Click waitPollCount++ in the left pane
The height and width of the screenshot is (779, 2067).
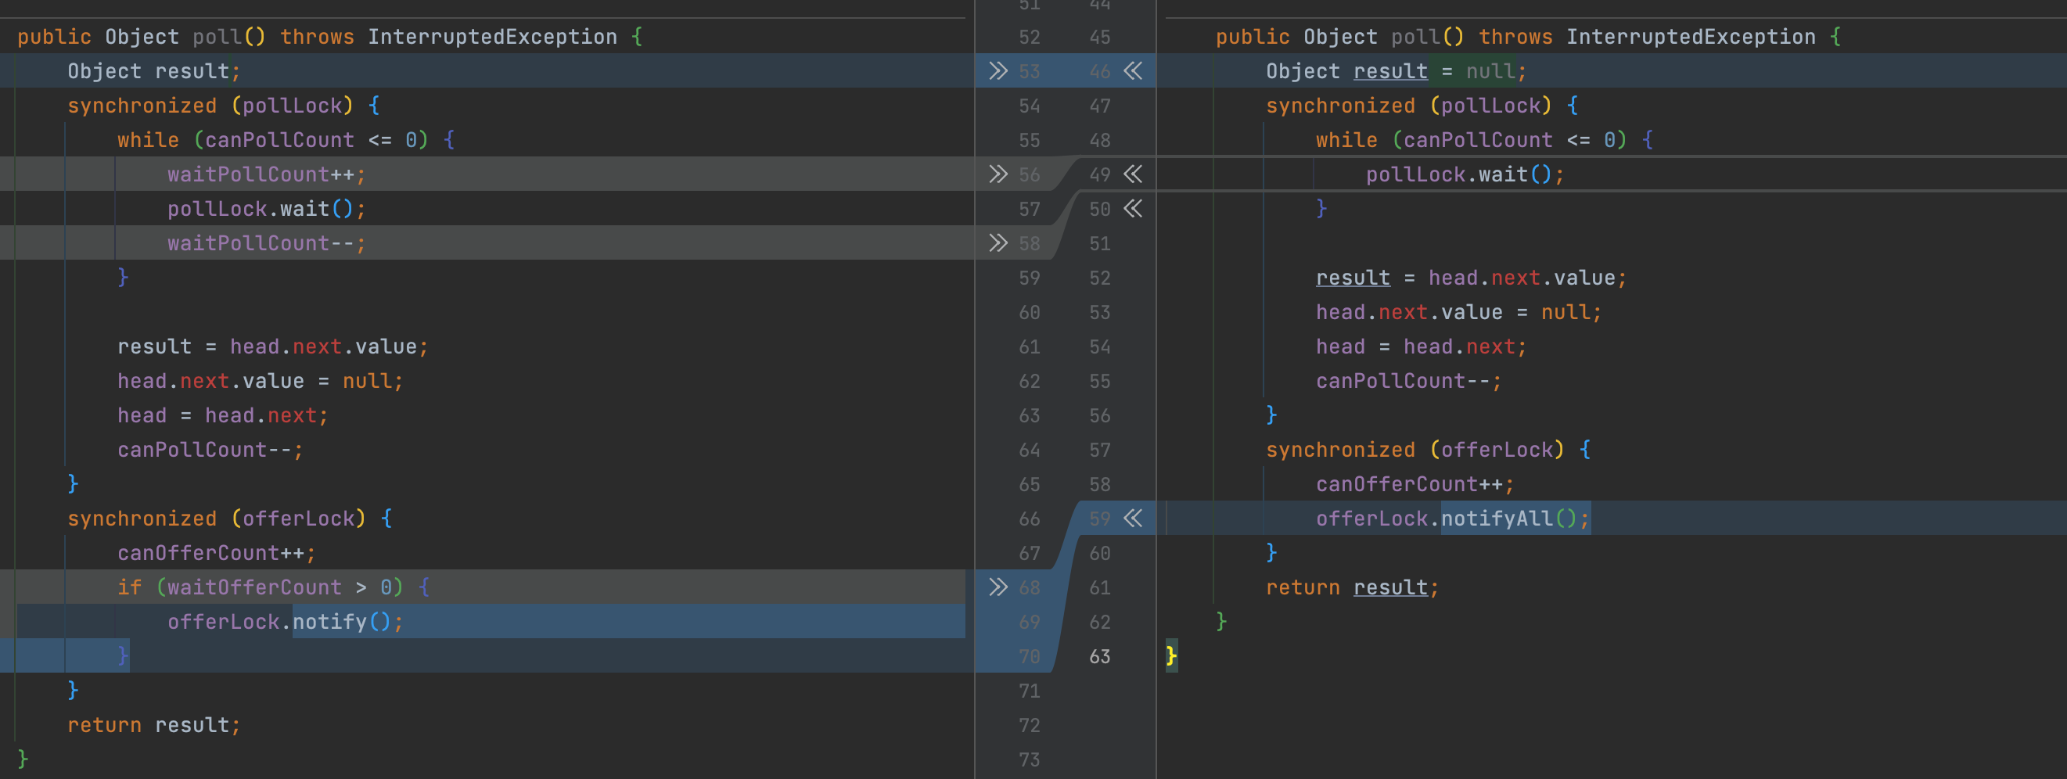click(x=260, y=174)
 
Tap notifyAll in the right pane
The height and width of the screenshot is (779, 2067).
click(x=1497, y=519)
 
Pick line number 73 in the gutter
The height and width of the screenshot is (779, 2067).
click(x=1029, y=759)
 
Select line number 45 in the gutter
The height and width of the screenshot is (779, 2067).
click(x=1099, y=37)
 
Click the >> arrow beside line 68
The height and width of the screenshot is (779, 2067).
click(x=998, y=587)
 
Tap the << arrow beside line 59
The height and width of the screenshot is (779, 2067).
click(x=1133, y=519)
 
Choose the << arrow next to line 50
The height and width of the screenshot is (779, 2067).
click(x=1133, y=209)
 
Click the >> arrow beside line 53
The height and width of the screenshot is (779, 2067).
click(x=998, y=71)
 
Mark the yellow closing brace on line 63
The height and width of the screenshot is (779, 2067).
click(x=1171, y=656)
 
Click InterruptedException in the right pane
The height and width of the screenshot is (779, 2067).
click(x=1691, y=37)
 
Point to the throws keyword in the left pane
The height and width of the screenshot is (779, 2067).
click(x=317, y=37)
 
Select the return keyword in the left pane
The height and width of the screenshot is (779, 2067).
click(x=104, y=725)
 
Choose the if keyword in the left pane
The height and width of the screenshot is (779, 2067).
click(x=129, y=587)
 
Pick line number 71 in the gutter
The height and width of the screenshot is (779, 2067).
click(x=1029, y=691)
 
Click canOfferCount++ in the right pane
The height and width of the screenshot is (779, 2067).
click(x=1409, y=485)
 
